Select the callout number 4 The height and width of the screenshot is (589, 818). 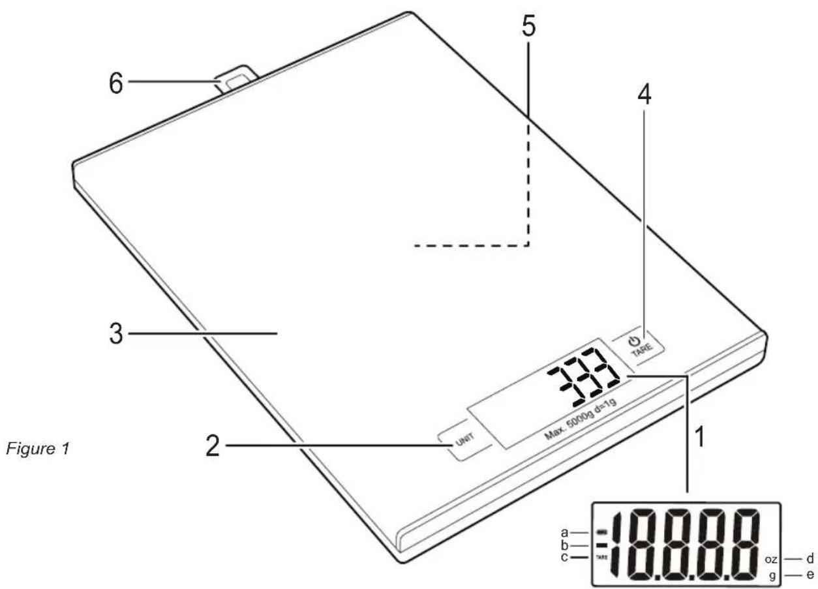pyautogui.click(x=644, y=97)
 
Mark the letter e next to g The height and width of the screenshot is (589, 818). pyautogui.click(x=809, y=576)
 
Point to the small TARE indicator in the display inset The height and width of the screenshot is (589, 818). pyautogui.click(x=601, y=558)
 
